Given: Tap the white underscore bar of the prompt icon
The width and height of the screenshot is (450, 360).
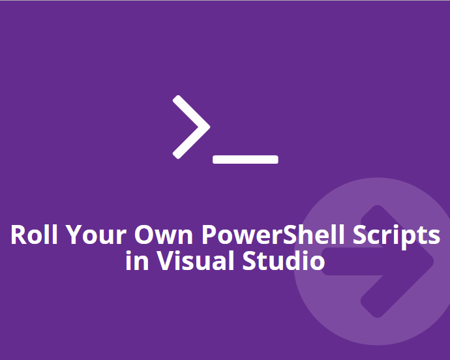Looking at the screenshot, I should (246, 159).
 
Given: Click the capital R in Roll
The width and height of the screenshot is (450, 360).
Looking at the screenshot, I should (18, 235).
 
